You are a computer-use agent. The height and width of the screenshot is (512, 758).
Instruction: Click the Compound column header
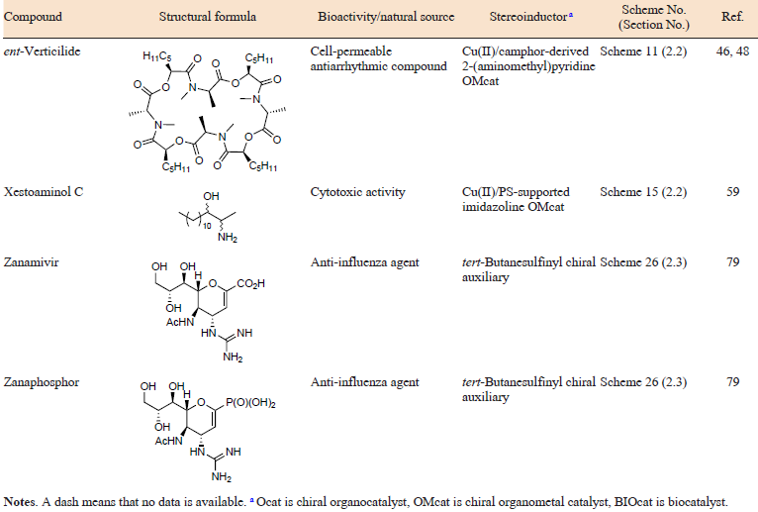point(33,17)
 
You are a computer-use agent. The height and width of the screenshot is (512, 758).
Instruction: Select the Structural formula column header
point(208,17)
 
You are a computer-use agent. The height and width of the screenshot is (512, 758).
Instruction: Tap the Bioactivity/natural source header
point(386,17)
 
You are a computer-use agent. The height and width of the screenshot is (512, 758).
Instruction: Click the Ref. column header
point(732,17)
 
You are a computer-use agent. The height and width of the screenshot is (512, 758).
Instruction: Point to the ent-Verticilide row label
point(43,51)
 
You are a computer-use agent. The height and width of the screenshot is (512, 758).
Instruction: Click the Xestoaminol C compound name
point(44,192)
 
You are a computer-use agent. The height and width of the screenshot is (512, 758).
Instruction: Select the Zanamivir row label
point(31,262)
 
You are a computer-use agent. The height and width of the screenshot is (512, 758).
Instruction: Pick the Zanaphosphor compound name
point(42,382)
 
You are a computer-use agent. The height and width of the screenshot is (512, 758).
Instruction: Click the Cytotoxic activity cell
point(358,192)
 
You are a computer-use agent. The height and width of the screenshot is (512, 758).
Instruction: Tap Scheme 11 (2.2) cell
point(643,51)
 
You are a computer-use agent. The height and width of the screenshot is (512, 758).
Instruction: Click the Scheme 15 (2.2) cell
point(643,192)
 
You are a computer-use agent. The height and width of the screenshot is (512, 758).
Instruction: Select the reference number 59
point(732,192)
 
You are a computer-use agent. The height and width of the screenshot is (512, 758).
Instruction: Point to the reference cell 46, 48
point(732,51)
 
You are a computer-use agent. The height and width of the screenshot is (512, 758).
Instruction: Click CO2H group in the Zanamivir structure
point(250,283)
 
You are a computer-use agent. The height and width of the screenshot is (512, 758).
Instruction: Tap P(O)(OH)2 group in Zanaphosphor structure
point(250,403)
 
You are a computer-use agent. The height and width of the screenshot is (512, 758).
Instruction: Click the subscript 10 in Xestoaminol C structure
point(207,226)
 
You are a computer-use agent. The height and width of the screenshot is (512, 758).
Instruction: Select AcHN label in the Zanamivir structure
point(180,322)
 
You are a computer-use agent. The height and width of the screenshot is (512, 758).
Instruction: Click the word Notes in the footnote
point(19,502)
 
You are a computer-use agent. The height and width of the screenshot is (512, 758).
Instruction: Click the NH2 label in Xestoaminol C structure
point(228,238)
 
